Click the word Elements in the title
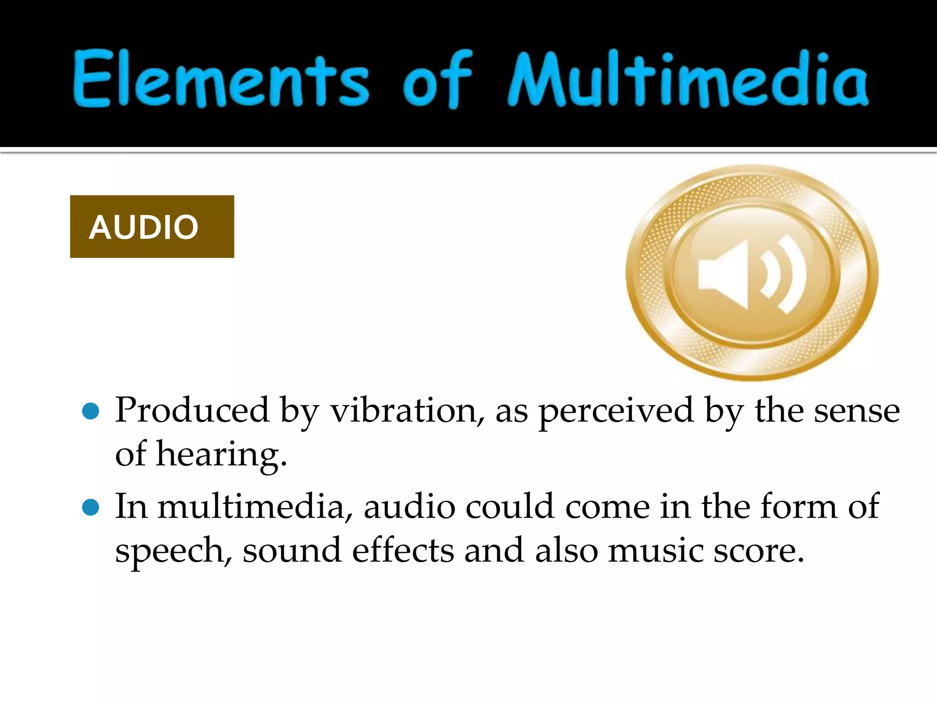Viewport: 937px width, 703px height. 221,79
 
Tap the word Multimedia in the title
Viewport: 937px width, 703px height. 688,79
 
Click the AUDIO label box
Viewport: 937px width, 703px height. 152,227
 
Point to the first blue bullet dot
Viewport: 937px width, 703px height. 91,411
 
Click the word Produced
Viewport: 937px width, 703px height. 192,410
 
